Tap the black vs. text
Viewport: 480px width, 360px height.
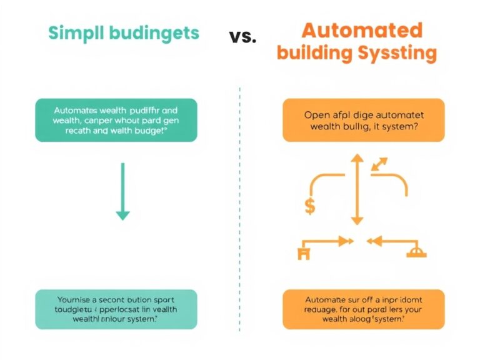(x=242, y=36)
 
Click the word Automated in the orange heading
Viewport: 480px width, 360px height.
(x=361, y=30)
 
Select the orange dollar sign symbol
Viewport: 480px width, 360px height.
(x=309, y=206)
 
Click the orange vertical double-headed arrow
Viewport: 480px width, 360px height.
(x=356, y=190)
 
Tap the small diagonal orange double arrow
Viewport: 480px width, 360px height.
(x=379, y=164)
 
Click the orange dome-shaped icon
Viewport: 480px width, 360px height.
(x=415, y=252)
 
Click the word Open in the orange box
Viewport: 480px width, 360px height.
(x=316, y=114)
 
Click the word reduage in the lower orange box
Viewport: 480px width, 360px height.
(x=321, y=308)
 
